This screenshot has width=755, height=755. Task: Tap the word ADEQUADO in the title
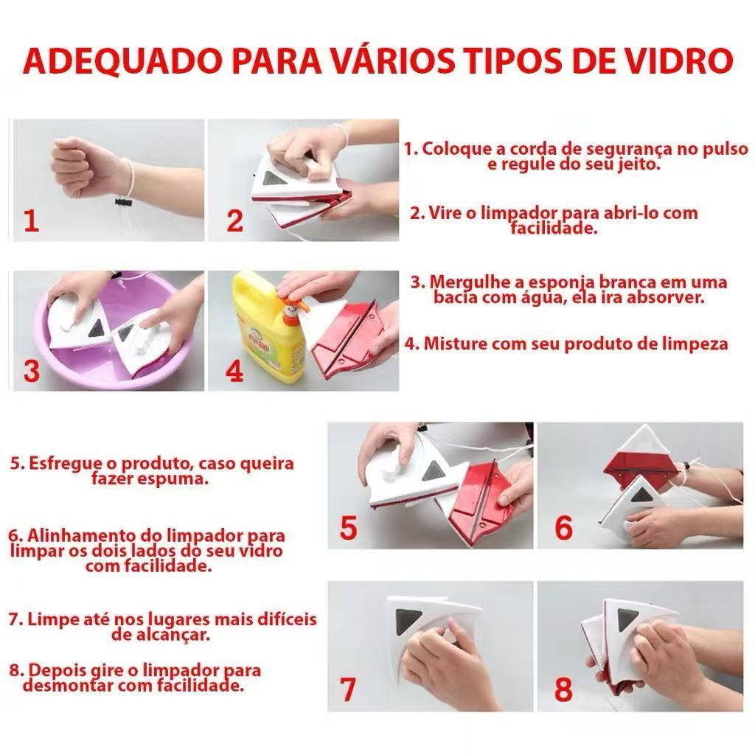124,62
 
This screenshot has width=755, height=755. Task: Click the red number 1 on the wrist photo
31,220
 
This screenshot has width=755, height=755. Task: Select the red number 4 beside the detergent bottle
234,372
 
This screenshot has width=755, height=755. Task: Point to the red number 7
347,689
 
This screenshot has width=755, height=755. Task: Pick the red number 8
563,689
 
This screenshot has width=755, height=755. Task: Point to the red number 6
563,527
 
